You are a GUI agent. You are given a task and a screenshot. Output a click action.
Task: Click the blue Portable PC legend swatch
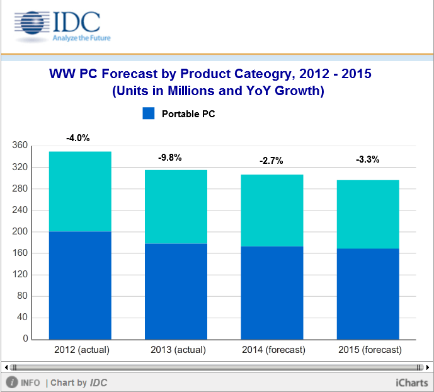pos(149,114)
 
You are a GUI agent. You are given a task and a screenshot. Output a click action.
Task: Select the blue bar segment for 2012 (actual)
pos(80,285)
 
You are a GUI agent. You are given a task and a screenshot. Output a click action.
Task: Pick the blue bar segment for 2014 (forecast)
pos(272,292)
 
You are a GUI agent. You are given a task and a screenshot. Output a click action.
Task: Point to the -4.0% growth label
pos(78,137)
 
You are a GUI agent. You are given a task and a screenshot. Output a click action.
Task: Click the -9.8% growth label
pos(169,158)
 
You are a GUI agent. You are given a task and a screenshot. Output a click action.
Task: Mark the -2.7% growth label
pos(271,161)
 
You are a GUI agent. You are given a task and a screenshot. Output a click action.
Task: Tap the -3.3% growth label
pos(367,159)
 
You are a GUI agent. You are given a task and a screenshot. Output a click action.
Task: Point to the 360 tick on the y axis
pos(20,146)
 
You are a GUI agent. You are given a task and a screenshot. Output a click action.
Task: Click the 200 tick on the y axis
pos(20,231)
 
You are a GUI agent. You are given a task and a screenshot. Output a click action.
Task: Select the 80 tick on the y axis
pos(23,296)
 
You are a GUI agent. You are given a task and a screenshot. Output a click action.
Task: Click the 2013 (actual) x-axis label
pos(176,350)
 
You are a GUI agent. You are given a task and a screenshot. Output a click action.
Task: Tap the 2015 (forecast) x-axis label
pos(368,350)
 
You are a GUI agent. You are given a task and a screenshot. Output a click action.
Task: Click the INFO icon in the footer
pos(11,383)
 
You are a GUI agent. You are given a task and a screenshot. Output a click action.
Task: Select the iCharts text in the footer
pos(412,383)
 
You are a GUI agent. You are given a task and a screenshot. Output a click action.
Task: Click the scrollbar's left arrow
pos(6,367)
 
